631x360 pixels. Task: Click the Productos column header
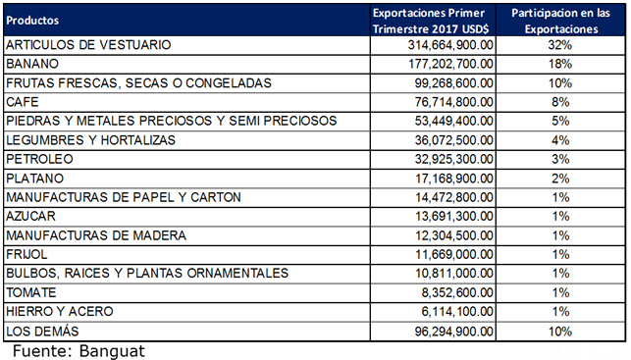[31, 20]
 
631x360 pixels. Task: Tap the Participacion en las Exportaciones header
[560, 20]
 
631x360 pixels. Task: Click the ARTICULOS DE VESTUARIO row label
[88, 45]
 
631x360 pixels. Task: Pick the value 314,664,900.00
[447, 45]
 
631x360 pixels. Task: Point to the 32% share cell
[560, 45]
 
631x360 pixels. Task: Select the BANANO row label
[33, 64]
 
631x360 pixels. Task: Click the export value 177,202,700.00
[447, 64]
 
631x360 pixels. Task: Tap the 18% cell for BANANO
[560, 64]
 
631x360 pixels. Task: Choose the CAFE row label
[25, 102]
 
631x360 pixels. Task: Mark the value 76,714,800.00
[451, 102]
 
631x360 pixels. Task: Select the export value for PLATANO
[451, 179]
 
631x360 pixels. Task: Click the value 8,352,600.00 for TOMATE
[455, 292]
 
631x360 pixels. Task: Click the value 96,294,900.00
[451, 331]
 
